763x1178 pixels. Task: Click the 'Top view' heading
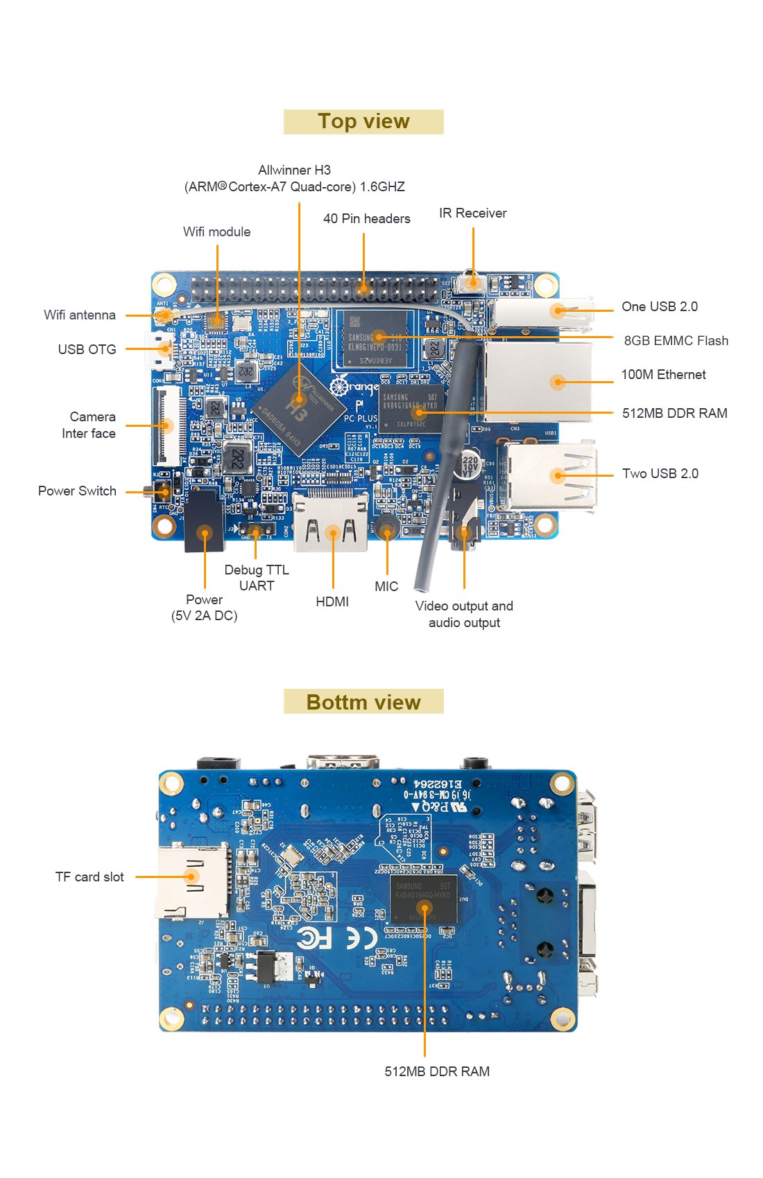pos(363,121)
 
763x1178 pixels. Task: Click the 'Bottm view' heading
pos(363,702)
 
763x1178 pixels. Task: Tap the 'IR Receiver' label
pos(472,213)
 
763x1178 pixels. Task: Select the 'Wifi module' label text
pos(216,232)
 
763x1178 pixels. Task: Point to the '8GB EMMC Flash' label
pos(676,341)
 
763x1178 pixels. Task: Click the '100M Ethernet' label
pos(663,375)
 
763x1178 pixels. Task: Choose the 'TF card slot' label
pos(89,877)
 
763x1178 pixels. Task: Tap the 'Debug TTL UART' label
pos(257,578)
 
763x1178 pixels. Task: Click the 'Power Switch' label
pos(77,491)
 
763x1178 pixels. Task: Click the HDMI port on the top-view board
pos(331,524)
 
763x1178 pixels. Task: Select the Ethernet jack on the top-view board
pos(540,382)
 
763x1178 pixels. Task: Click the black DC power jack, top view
pos(204,521)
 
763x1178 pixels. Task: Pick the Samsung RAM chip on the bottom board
pos(423,899)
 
